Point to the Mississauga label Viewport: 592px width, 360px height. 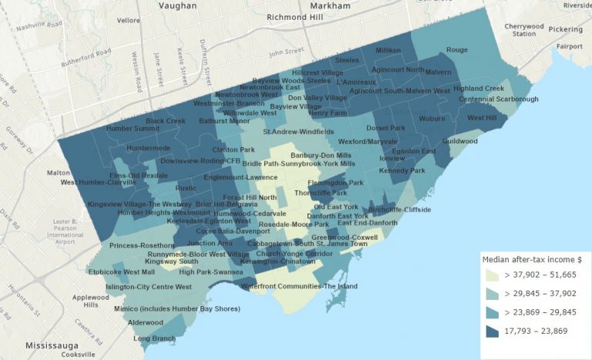pos(53,345)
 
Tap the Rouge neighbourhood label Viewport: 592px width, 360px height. pos(457,50)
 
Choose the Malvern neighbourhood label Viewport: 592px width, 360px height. pos(438,72)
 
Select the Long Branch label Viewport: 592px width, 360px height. pos(154,338)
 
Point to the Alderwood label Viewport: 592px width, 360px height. pos(146,322)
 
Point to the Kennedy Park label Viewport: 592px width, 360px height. pos(402,170)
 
